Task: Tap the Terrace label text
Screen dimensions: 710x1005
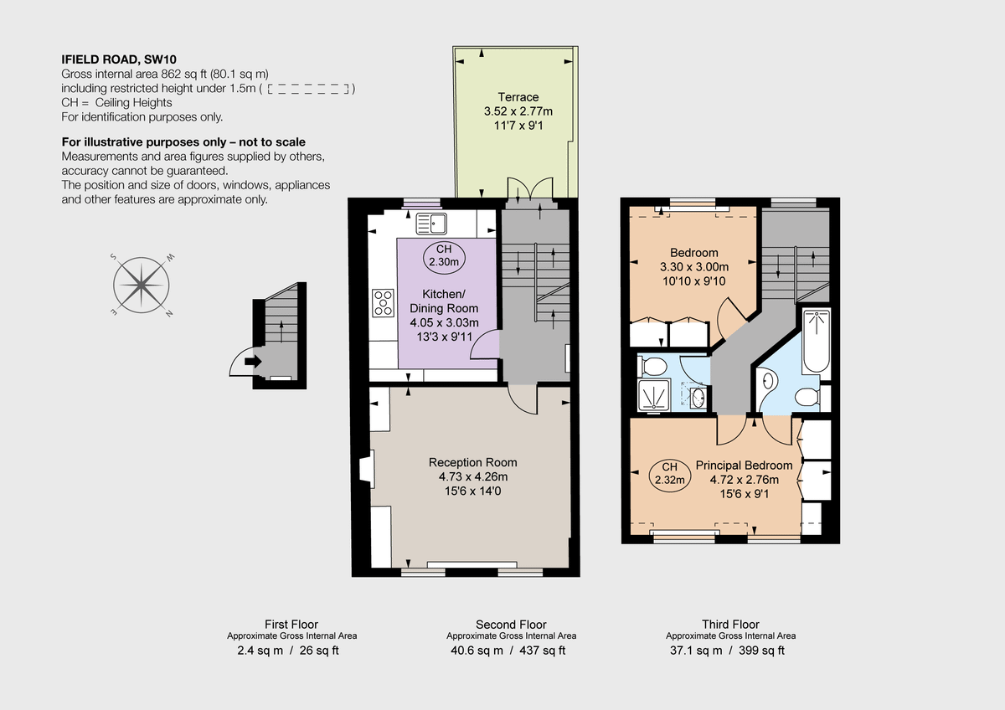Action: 518,97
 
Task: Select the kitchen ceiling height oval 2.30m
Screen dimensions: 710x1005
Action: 443,255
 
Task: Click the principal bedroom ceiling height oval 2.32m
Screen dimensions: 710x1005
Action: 669,474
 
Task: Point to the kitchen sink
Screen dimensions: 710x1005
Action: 431,223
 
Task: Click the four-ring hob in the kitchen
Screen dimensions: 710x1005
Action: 383,302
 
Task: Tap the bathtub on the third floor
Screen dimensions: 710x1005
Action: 816,342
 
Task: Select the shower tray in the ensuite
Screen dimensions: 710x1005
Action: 654,394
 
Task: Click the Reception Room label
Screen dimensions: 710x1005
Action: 472,462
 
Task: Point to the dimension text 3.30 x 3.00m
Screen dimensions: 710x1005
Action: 693,267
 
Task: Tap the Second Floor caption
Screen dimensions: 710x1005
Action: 511,625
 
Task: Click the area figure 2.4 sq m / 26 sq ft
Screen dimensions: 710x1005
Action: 288,651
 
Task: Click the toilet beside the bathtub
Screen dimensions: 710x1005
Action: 807,396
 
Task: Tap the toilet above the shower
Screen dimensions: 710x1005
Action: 652,365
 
